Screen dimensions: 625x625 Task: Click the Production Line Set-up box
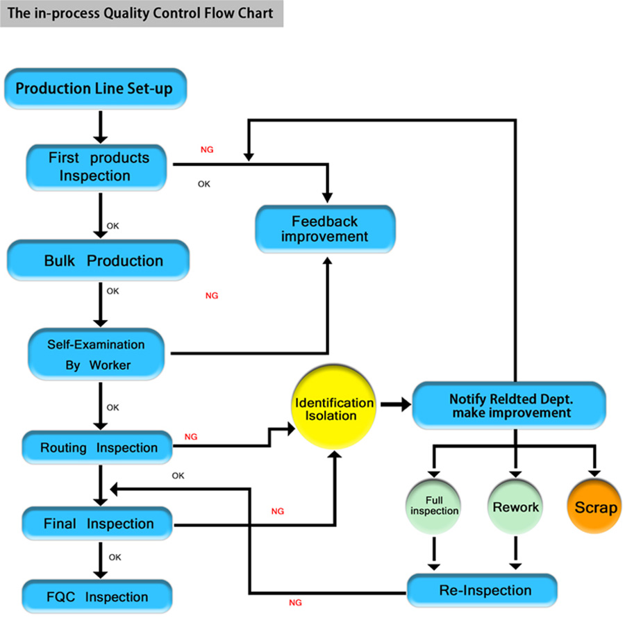[x=94, y=89]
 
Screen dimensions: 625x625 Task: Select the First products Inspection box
[x=97, y=167]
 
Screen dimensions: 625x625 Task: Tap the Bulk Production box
[x=98, y=261]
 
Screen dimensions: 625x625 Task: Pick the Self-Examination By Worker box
[x=97, y=354]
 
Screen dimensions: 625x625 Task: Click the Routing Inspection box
[x=97, y=448]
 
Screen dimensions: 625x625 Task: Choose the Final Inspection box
[x=97, y=524]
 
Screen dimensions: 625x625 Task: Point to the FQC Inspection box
[x=97, y=597]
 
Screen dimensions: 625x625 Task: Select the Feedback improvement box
[x=325, y=229]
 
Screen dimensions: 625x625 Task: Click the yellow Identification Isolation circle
[x=335, y=410]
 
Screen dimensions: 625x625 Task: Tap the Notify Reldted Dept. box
[x=509, y=406]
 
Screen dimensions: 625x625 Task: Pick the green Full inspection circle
[x=434, y=506]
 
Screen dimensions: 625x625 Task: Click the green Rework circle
[x=515, y=507]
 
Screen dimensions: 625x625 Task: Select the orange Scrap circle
[x=595, y=507]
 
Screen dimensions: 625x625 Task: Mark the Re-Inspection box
[x=482, y=590]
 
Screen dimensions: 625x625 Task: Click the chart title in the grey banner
[x=141, y=13]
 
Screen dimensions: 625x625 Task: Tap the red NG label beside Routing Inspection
[x=191, y=437]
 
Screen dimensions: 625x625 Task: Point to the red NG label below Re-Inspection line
[x=295, y=603]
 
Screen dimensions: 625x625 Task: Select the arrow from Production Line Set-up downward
[x=101, y=126]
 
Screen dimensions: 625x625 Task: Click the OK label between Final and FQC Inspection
[x=115, y=557]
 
